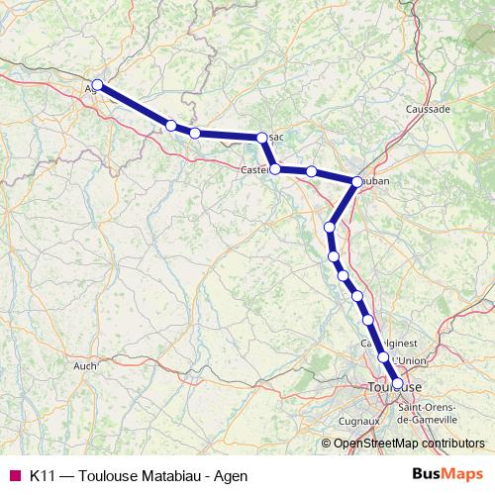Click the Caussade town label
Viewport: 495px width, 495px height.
[x=428, y=109]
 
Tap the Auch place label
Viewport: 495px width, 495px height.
[x=85, y=365]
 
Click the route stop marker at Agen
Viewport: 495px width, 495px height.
[x=97, y=85]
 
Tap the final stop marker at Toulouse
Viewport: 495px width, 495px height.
[x=398, y=383]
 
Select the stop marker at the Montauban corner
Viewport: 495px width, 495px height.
[x=356, y=181]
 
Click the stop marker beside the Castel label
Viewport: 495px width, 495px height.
[x=275, y=169]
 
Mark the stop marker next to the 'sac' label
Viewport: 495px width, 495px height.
[x=261, y=138]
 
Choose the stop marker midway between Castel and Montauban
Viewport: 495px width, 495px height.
[x=311, y=172]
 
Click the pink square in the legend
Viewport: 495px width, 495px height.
[x=15, y=475]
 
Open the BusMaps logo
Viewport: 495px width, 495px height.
[x=448, y=474]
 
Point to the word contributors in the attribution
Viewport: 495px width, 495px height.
[x=449, y=445]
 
